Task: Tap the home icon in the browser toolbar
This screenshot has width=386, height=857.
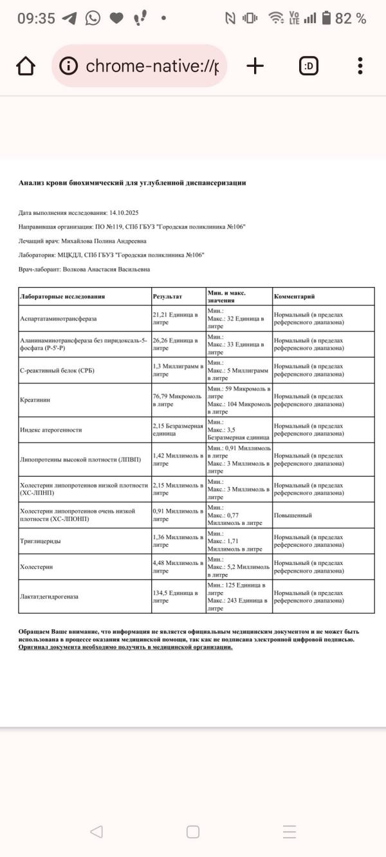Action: click(25, 66)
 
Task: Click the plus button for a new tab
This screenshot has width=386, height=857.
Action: click(255, 66)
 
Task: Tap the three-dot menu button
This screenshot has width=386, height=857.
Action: click(360, 66)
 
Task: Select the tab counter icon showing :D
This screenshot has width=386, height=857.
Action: click(309, 66)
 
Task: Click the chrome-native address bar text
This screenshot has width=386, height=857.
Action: click(152, 66)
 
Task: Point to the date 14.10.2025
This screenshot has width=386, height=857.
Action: click(124, 212)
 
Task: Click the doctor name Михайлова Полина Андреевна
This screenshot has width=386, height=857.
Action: click(104, 241)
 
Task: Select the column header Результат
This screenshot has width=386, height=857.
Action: click(167, 297)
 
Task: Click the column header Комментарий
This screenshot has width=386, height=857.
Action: click(294, 297)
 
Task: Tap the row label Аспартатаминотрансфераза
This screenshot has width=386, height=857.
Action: click(59, 318)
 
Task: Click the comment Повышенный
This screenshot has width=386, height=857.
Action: click(293, 515)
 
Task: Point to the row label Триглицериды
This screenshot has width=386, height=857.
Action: click(41, 541)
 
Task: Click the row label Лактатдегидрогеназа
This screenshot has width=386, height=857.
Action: click(49, 596)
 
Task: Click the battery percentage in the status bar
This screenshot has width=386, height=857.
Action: click(351, 19)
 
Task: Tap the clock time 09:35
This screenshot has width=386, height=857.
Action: click(36, 19)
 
